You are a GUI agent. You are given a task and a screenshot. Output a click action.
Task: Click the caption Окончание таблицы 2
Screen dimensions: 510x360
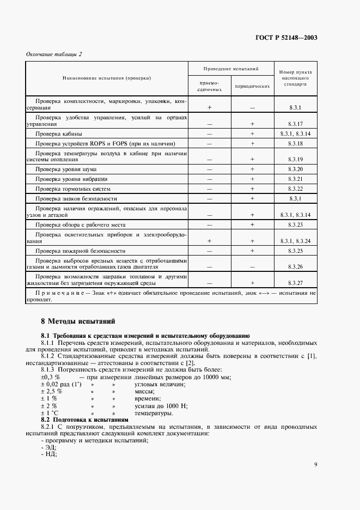coord(53,54)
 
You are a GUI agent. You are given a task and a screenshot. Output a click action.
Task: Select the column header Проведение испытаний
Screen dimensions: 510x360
coord(230,70)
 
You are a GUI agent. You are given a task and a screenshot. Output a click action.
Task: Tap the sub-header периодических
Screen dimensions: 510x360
coord(252,86)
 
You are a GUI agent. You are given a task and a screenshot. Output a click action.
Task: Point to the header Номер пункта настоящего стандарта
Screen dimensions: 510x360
coord(294,78)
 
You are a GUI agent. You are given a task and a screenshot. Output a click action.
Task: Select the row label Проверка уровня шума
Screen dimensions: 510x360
coord(66,169)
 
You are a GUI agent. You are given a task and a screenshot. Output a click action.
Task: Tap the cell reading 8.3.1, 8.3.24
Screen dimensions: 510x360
coord(295,240)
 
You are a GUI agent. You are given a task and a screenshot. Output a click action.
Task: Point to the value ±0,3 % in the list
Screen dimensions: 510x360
coord(50,377)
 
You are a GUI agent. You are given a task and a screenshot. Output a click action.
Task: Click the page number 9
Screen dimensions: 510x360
coord(315,464)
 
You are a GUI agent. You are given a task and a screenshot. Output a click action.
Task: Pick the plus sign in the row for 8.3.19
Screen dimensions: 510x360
coord(252,159)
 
